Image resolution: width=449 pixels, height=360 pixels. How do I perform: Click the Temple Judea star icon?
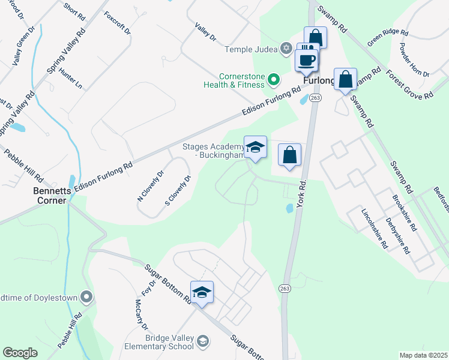[286, 48]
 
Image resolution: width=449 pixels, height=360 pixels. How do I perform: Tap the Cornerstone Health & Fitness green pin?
[274, 79]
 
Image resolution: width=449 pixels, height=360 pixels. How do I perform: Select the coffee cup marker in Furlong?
[307, 61]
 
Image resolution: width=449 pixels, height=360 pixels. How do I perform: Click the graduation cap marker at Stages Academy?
[255, 147]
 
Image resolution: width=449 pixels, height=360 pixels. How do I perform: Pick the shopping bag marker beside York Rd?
[290, 155]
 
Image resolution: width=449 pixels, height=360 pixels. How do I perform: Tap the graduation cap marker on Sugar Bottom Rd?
[202, 292]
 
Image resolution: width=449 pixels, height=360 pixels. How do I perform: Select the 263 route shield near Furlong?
[316, 97]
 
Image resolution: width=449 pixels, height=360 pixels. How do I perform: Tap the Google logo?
[20, 352]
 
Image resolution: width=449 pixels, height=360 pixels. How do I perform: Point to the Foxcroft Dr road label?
[117, 23]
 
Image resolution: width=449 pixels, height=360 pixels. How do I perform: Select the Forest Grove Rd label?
[410, 85]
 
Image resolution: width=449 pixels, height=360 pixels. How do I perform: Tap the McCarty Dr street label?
[141, 314]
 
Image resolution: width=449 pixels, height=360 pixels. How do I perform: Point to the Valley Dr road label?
[205, 31]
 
